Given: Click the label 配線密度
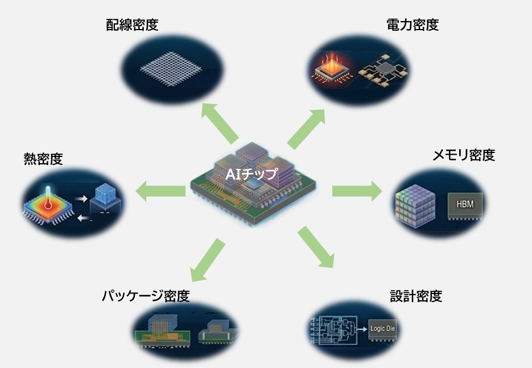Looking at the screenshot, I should coord(132,25).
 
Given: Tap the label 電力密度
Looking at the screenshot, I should coord(413,25).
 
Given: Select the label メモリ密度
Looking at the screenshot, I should coord(464,155).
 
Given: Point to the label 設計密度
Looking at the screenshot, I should coord(416,296).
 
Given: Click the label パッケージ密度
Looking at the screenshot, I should coord(146,296).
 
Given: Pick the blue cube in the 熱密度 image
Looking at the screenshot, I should coord(107,194).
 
